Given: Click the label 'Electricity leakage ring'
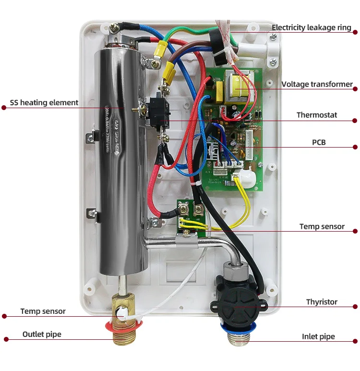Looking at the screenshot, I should pyautogui.click(x=312, y=27).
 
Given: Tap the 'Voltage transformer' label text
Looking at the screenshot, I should pyautogui.click(x=317, y=84).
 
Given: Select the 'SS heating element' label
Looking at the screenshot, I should pyautogui.click(x=44, y=102).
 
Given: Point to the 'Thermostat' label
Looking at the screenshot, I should pyautogui.click(x=317, y=115).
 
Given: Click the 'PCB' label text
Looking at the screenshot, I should pyautogui.click(x=319, y=142).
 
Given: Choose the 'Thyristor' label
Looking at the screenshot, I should pyautogui.click(x=322, y=302).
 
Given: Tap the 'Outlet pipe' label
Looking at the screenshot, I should pyautogui.click(x=42, y=334).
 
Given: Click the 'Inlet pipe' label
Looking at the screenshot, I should pyautogui.click(x=318, y=336).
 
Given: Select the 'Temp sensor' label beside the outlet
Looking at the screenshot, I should pyautogui.click(x=43, y=311).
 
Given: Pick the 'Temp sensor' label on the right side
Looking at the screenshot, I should pyautogui.click(x=322, y=226).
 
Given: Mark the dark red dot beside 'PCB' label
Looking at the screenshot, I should pyautogui.click(x=355, y=147).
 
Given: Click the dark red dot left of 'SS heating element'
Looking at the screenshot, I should pyautogui.click(x=4, y=108).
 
